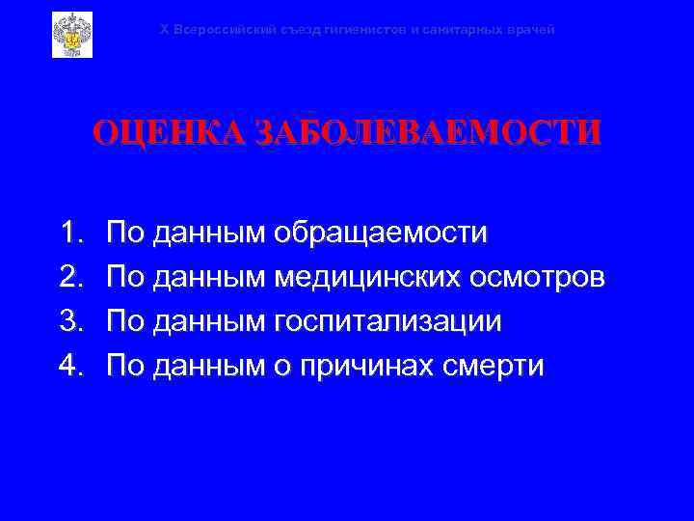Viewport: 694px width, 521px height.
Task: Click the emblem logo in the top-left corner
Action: click(71, 35)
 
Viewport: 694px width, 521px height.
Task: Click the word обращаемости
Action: click(381, 233)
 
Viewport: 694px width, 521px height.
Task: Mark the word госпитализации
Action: click(387, 321)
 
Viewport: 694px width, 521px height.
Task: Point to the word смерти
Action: click(499, 366)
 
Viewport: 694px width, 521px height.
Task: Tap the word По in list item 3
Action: click(123, 321)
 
